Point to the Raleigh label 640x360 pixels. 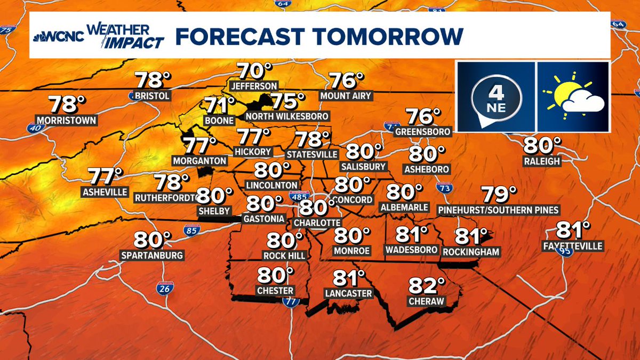tap(542, 161)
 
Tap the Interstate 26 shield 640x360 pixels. tap(164, 288)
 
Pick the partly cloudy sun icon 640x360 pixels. tap(573, 96)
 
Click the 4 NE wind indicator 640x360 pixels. tap(495, 96)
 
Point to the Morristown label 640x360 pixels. tap(67, 120)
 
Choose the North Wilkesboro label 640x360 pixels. tap(287, 116)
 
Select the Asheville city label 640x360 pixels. tap(105, 191)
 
